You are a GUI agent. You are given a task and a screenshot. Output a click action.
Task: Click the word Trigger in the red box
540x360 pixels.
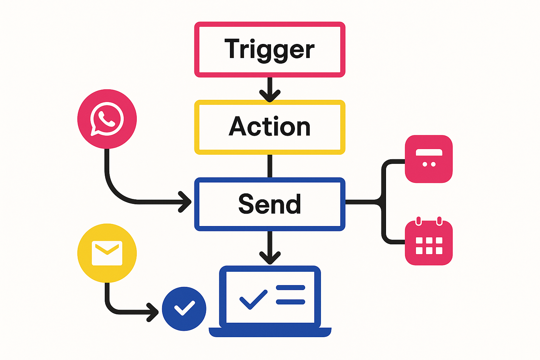[x=270, y=50]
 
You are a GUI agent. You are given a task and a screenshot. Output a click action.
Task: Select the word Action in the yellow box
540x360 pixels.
[x=270, y=127]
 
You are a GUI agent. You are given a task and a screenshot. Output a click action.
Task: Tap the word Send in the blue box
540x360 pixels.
[x=270, y=204]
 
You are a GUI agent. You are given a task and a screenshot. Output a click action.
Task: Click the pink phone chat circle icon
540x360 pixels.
[x=107, y=119]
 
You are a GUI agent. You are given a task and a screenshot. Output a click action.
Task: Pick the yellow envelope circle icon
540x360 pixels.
[x=107, y=253]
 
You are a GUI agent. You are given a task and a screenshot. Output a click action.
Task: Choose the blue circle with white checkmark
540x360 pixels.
[x=184, y=309]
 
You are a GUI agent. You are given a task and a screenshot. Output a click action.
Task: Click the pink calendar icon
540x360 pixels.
[x=429, y=243]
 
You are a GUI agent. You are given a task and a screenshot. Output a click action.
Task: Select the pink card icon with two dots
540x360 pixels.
[x=429, y=159]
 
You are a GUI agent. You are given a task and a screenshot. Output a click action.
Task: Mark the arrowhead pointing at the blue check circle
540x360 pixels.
[x=153, y=312]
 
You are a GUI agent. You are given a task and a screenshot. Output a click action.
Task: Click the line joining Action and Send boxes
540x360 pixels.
[x=270, y=166]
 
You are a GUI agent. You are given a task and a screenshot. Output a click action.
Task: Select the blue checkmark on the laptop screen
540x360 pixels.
[x=253, y=300]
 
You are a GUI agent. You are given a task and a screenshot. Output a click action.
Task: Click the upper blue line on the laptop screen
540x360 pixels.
[x=290, y=288]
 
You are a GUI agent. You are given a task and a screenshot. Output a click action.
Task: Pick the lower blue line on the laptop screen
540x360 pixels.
[x=290, y=302]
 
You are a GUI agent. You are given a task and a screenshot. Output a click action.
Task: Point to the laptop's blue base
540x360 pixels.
[x=270, y=332]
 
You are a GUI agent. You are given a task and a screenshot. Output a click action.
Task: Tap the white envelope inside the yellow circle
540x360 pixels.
[x=107, y=253]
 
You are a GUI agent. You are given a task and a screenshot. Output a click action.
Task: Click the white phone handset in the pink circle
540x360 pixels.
[x=107, y=118]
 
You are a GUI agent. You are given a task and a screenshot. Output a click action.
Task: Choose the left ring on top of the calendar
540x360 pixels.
[x=418, y=221]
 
